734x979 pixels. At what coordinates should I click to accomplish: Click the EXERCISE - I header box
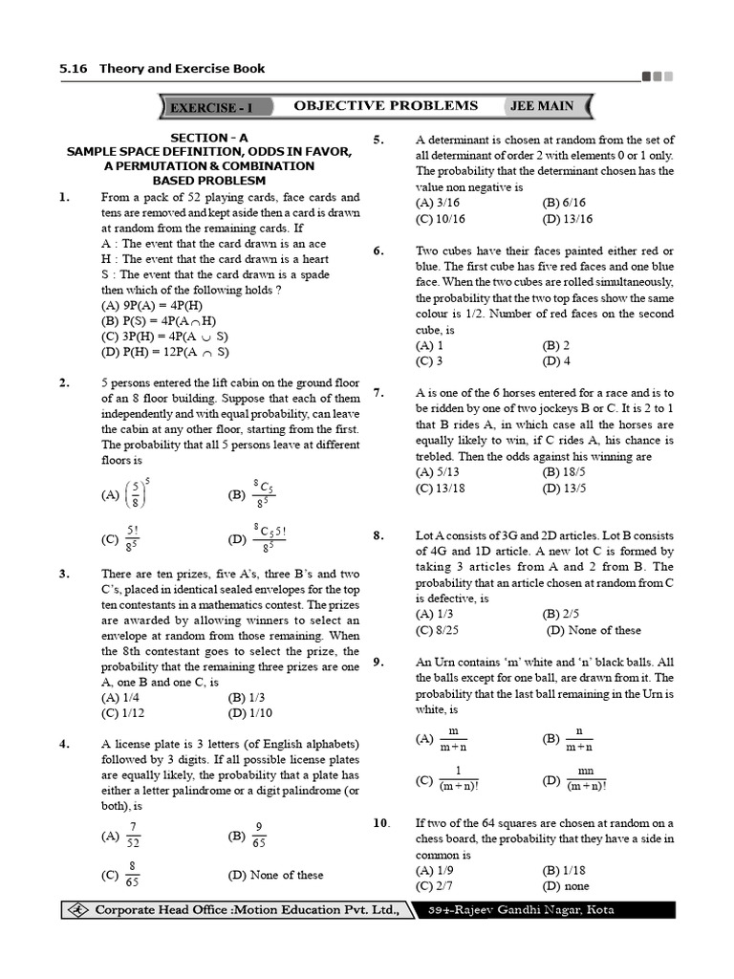coord(217,107)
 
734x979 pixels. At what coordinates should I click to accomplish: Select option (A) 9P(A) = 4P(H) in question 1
coord(152,305)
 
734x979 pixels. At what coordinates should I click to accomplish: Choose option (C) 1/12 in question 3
coord(122,712)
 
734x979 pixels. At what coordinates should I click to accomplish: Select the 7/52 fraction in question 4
coord(133,835)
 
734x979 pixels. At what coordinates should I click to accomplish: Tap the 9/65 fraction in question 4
coord(259,835)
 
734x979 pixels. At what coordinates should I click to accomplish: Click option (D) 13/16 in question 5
coord(567,218)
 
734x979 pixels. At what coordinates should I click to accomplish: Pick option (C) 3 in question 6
coord(429,360)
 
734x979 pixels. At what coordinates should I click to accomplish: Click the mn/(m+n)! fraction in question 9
coord(586,779)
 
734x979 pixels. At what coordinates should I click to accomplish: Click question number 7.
coord(378,393)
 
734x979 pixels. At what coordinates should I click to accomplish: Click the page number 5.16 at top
coord(73,69)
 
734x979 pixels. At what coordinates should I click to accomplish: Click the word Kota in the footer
coord(598,910)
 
